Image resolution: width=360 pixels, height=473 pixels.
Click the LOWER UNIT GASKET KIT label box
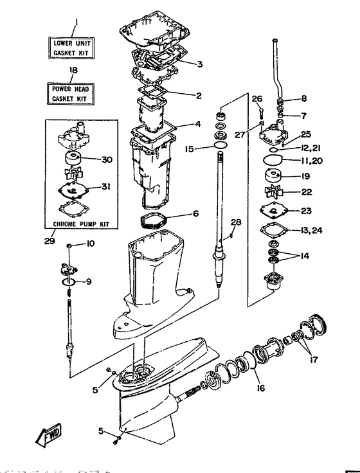71,48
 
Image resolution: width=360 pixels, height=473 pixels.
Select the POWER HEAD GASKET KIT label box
71,94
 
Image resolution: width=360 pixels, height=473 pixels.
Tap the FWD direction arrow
48,436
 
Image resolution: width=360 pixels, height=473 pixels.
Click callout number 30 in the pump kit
107,159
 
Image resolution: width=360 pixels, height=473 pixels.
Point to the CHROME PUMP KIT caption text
81,224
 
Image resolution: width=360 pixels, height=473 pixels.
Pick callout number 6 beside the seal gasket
196,213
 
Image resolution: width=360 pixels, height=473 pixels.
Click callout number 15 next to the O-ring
190,148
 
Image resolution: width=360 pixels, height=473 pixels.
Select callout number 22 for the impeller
307,192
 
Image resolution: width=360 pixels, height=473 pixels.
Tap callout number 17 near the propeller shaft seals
314,360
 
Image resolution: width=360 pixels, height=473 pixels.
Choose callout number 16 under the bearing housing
261,388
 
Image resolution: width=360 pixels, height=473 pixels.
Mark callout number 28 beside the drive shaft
236,222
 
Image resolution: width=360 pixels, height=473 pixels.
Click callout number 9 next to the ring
89,281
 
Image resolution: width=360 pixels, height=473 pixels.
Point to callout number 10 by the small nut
91,244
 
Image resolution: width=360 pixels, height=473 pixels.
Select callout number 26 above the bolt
257,98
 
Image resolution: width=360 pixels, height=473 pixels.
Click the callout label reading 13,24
311,231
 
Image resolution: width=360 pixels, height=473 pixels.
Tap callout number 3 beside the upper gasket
200,64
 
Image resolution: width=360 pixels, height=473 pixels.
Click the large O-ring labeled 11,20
273,159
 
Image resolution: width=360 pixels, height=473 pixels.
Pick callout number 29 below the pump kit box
50,241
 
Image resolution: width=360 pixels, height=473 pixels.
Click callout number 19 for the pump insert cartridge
306,176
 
